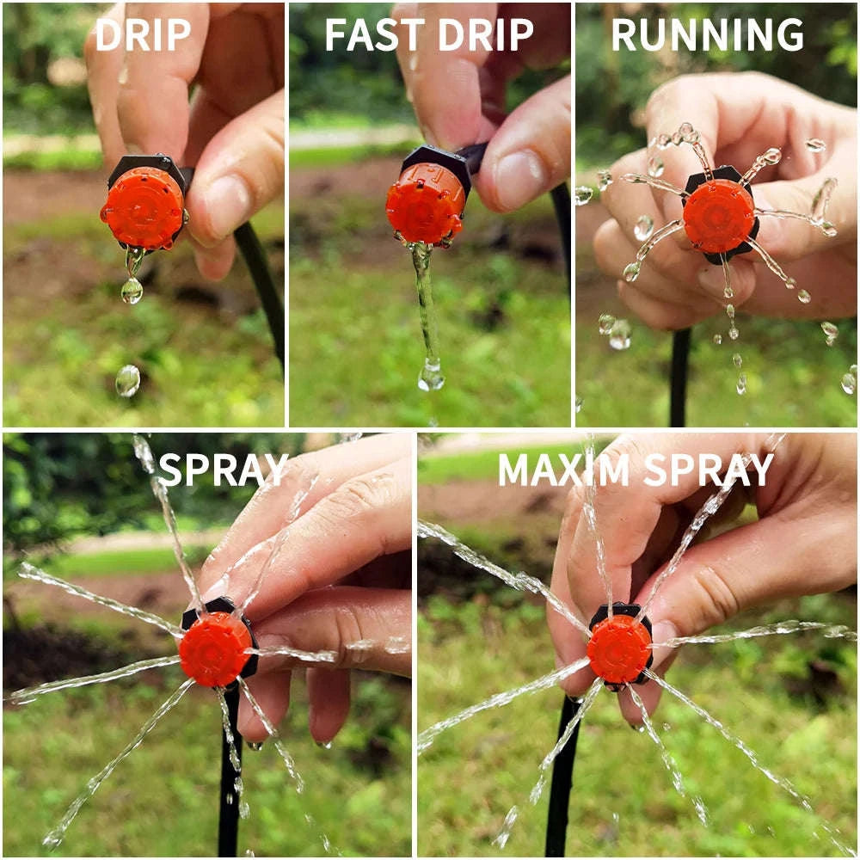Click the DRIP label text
tap(143, 34)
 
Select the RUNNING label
tap(707, 34)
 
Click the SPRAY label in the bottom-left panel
tap(223, 470)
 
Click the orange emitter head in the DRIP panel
tap(142, 207)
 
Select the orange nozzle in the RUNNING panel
tap(718, 216)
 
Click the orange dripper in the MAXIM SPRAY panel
tap(618, 649)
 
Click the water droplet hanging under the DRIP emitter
tap(132, 290)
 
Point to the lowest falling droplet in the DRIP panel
tap(127, 380)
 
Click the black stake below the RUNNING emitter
tap(679, 378)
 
